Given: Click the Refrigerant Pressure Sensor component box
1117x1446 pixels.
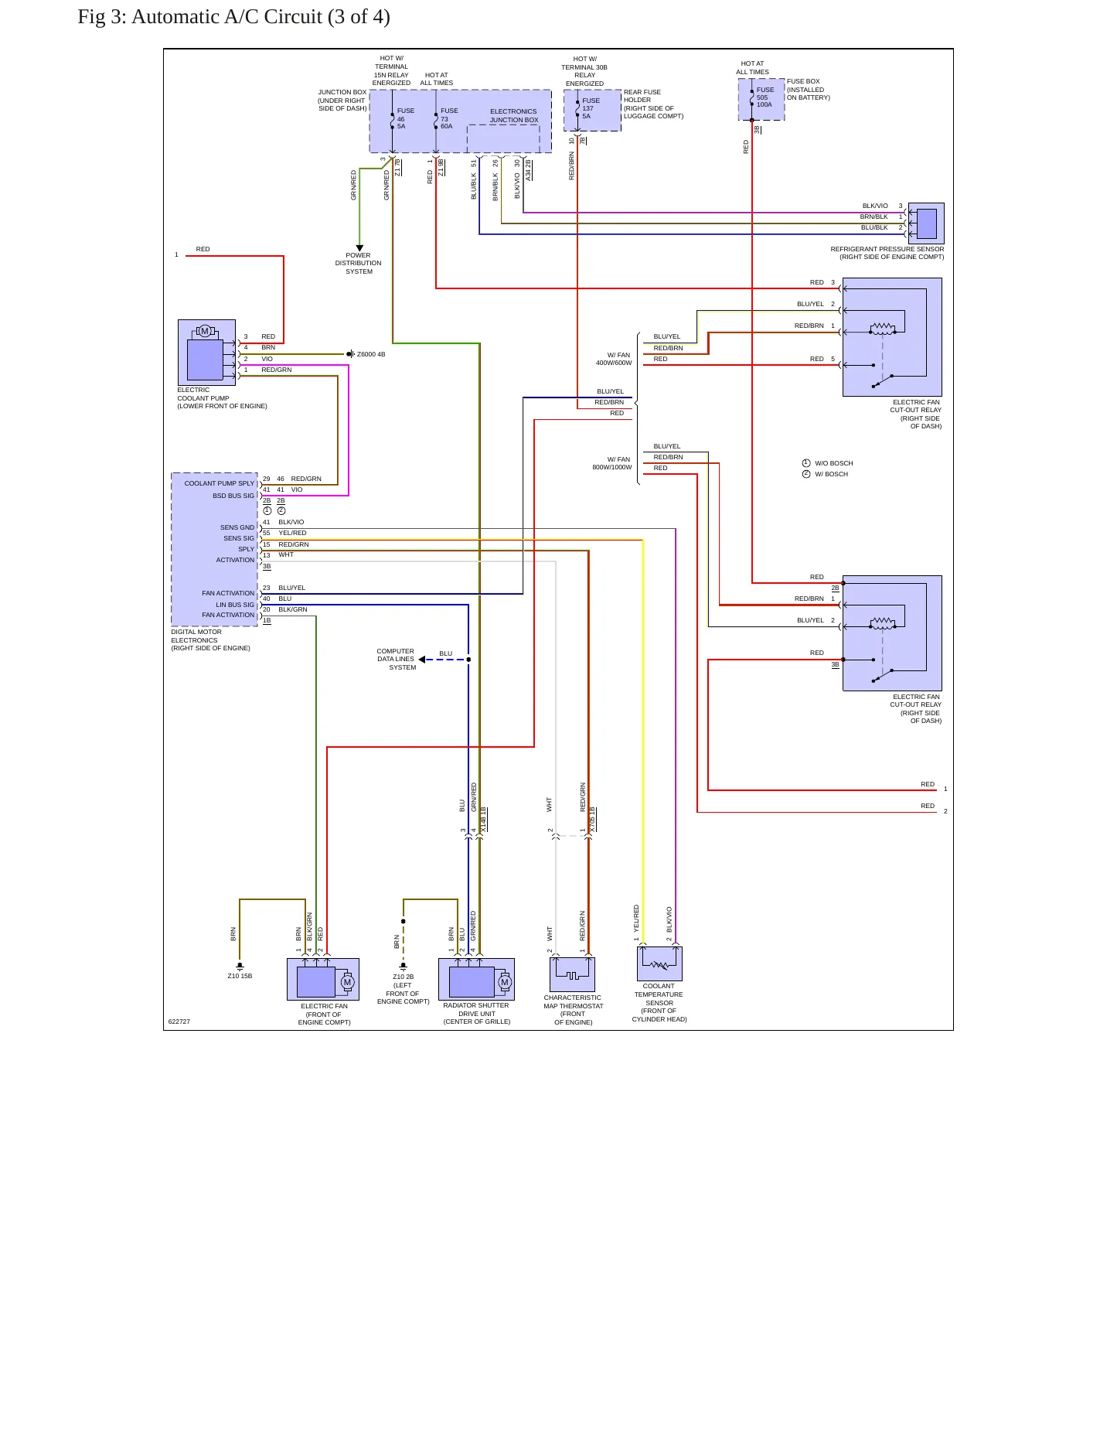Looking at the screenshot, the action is pos(926,223).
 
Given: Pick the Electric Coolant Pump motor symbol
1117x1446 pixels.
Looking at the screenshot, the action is pos(205,331).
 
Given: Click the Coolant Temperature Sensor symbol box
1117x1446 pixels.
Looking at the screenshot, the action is pos(659,963).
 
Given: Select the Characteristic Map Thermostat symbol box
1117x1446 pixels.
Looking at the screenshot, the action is pos(572,974).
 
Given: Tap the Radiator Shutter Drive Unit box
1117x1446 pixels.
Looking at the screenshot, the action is pos(476,979).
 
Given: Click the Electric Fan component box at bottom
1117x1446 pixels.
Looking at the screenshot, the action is pos(323,979).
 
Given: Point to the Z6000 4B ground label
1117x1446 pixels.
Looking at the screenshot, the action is pos(371,354).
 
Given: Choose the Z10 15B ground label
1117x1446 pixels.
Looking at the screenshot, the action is pos(240,976).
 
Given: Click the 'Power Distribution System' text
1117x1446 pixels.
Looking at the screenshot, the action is pos(359,263).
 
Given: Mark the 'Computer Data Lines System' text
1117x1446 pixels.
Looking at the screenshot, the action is pos(397,659).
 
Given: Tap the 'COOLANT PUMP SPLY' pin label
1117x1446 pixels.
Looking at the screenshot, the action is pos(220,483).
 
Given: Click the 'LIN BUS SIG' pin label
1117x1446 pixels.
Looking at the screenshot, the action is pos(235,605).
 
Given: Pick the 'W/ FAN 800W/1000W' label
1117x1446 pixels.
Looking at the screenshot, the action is pos(612,463).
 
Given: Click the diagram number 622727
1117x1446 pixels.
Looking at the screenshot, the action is pos(179,1021).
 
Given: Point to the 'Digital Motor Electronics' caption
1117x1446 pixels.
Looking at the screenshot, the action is pos(211,640).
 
